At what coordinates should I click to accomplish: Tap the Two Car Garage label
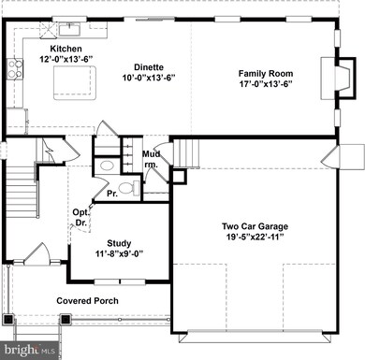click(254, 226)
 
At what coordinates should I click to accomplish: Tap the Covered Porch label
click(87, 300)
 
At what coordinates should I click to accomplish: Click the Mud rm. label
click(152, 159)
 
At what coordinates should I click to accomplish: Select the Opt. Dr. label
click(80, 217)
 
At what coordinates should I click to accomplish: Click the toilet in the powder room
click(128, 187)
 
